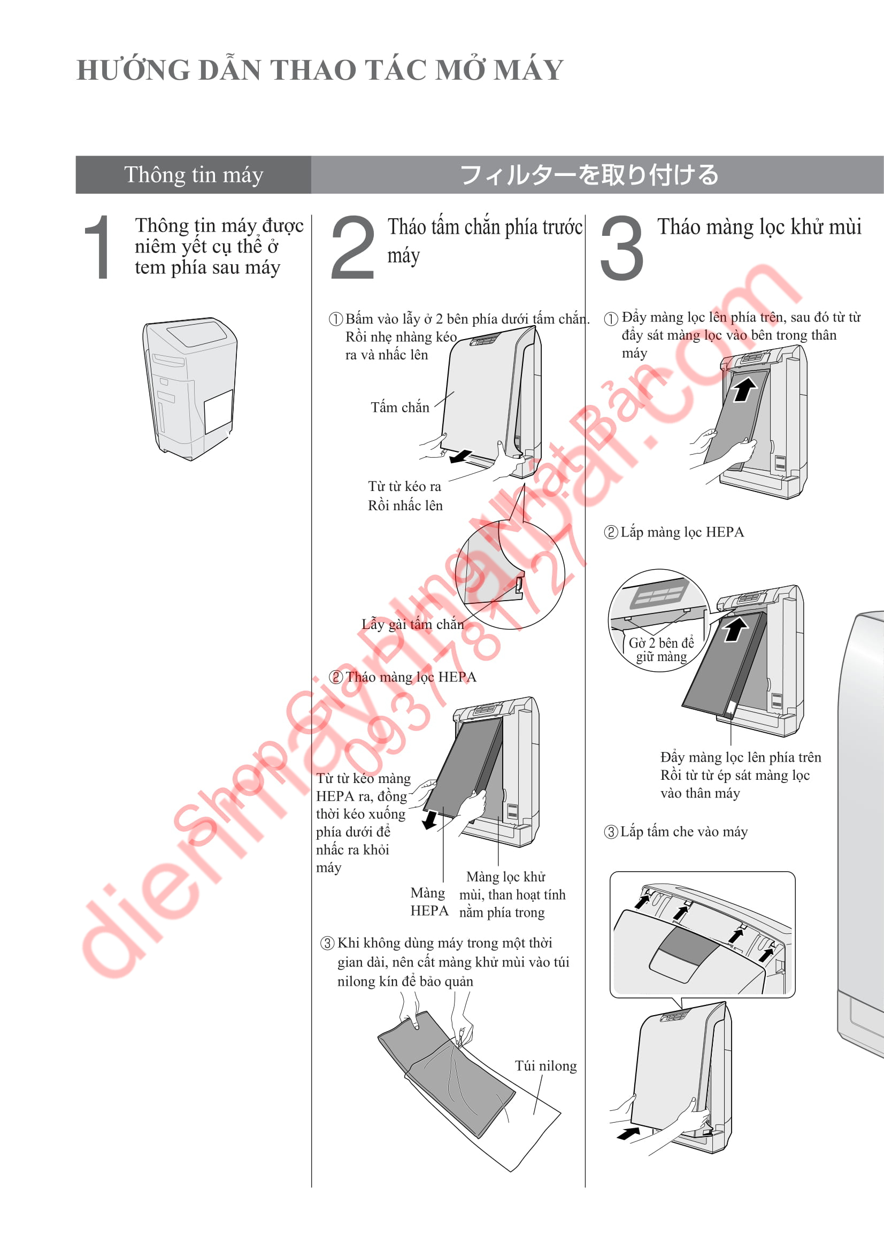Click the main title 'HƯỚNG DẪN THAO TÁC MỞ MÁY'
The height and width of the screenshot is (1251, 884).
(x=320, y=70)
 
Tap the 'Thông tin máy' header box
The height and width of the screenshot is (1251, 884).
(x=194, y=175)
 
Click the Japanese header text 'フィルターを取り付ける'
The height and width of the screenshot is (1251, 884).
(x=589, y=175)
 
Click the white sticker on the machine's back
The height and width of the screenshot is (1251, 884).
(x=218, y=411)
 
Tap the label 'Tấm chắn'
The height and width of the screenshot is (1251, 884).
(x=400, y=408)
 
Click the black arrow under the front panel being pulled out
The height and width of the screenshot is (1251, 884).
(x=460, y=456)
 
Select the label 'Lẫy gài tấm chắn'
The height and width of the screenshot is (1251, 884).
(x=413, y=624)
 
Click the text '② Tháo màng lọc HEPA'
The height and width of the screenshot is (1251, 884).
(x=403, y=677)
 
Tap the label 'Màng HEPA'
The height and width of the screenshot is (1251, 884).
(x=429, y=902)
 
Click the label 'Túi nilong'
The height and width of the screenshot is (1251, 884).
(x=546, y=1066)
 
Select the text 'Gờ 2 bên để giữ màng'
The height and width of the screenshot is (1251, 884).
(x=661, y=649)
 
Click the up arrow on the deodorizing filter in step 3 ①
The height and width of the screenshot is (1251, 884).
(x=744, y=389)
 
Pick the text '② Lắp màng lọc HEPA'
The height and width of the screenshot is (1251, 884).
(x=674, y=532)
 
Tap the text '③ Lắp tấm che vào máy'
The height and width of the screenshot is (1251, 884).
(x=676, y=832)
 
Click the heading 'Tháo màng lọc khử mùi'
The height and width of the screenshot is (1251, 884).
(x=759, y=227)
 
